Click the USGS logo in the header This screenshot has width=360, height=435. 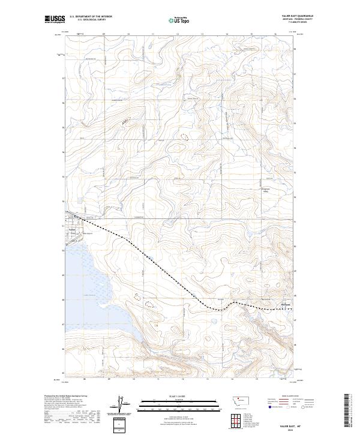(53, 19)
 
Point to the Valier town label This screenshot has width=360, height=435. (71, 229)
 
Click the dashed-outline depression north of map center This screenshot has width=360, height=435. (181, 137)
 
